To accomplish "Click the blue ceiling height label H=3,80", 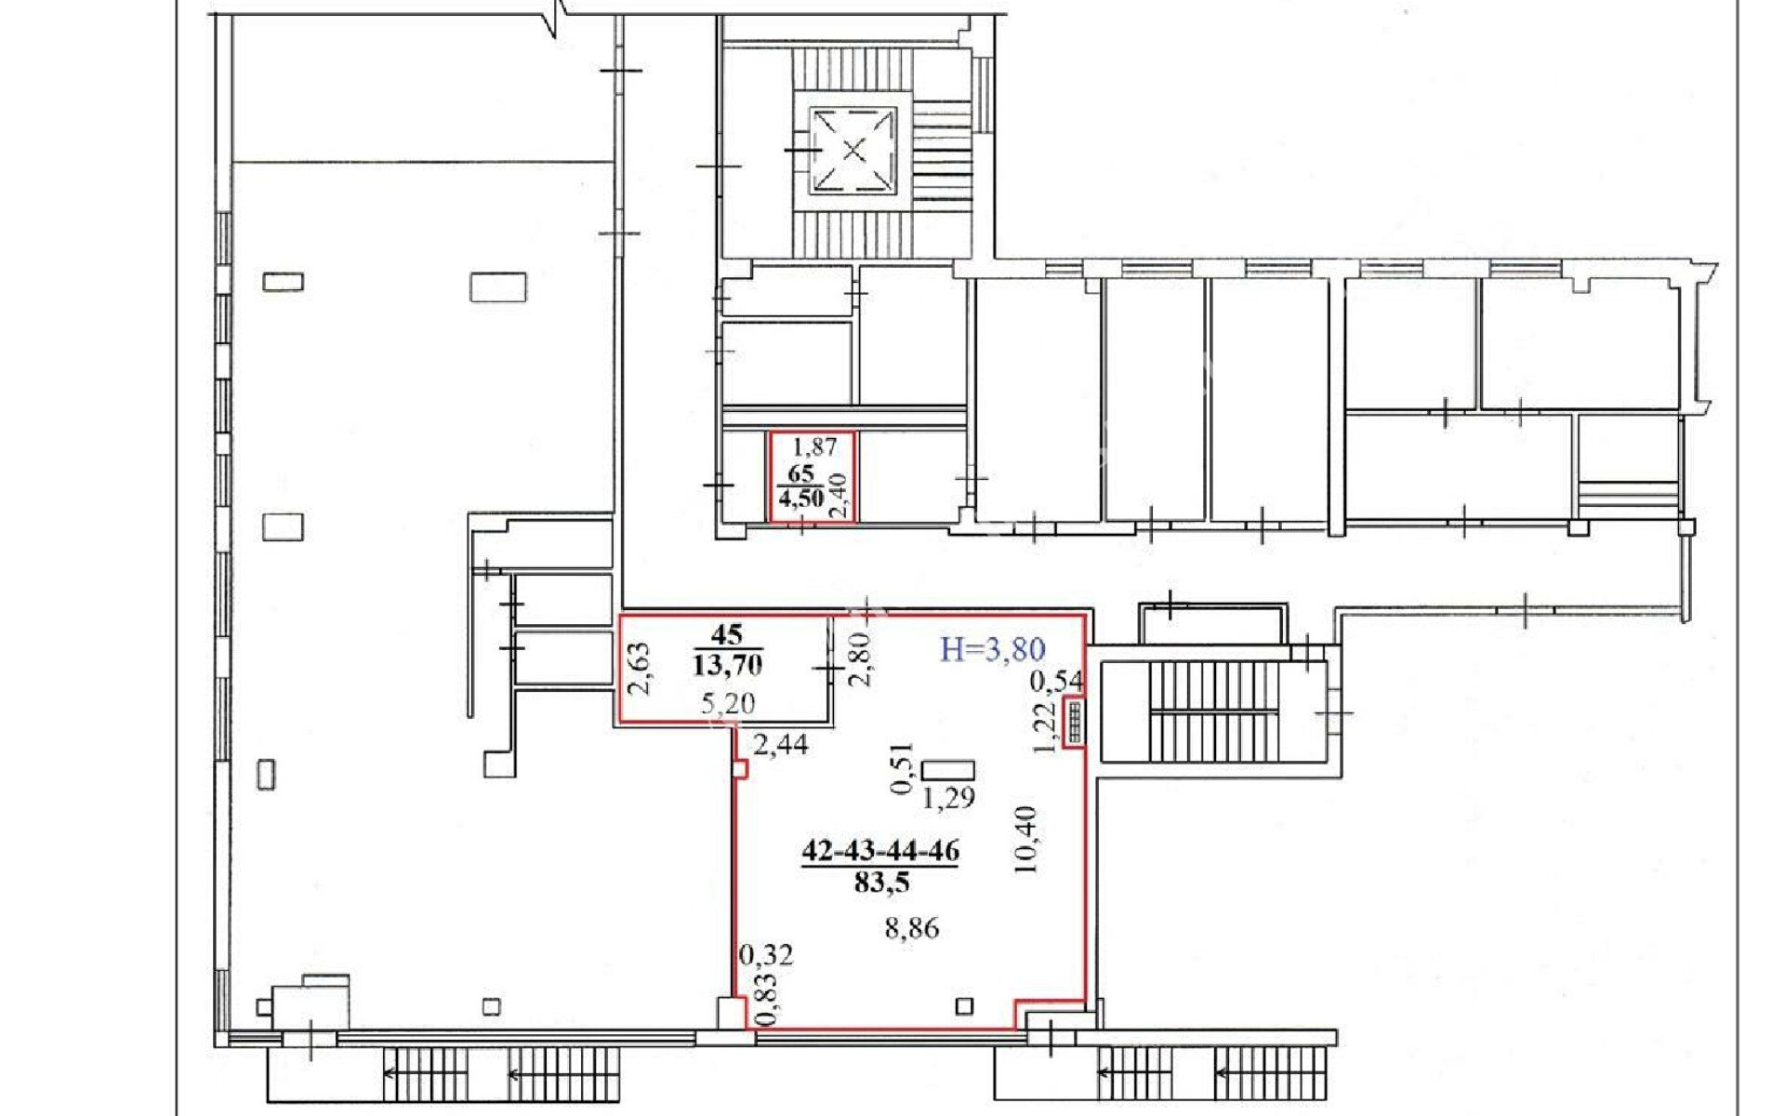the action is (993, 648).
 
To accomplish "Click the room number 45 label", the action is (727, 635).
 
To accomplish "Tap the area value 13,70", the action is (727, 664).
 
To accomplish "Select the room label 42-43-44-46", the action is (880, 851).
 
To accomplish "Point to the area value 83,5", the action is (881, 882).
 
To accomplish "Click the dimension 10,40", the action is (1027, 839).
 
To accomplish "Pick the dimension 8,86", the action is (912, 927).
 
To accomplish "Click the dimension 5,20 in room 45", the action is (728, 704).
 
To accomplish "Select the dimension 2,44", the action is (781, 744).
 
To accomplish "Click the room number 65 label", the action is (800, 473).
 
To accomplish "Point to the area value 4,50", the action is (801, 498).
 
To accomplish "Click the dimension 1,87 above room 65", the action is (814, 446).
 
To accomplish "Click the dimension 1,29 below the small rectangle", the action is (949, 797).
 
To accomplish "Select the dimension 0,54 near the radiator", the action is (1057, 682).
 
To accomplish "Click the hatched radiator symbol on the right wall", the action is (1076, 721).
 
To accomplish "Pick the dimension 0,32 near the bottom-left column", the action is (766, 954).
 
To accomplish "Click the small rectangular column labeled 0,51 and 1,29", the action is (949, 770).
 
